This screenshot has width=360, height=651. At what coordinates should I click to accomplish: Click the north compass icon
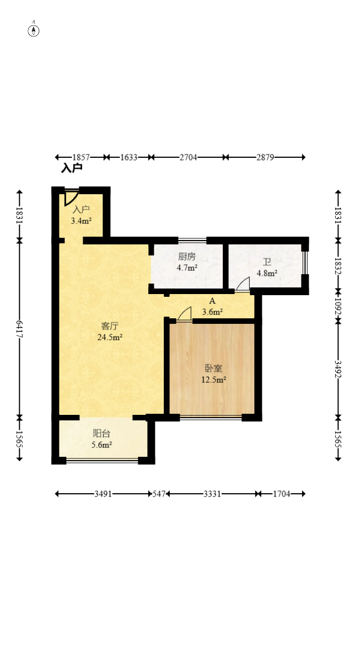tap(34, 30)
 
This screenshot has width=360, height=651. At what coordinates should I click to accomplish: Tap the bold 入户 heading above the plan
tap(72, 168)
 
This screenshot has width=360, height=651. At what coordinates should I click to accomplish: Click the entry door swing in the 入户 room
tap(71, 198)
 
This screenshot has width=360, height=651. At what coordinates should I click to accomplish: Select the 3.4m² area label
tap(81, 221)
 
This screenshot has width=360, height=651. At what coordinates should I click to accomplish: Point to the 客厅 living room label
tap(110, 326)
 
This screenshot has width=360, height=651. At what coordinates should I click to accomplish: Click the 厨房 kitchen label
tap(187, 257)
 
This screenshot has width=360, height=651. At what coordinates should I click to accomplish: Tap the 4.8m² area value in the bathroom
tap(267, 273)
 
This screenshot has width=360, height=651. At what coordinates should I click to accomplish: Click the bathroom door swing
tap(243, 285)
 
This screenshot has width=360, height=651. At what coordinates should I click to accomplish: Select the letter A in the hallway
tap(212, 301)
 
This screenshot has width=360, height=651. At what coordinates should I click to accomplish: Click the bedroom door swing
tap(185, 314)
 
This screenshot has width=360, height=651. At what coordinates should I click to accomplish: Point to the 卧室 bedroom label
tap(213, 369)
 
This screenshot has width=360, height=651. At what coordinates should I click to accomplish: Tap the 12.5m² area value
tap(213, 380)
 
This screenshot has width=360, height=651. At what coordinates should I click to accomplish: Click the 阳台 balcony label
tap(101, 434)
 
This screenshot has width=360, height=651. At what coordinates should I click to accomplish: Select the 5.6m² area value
tap(102, 445)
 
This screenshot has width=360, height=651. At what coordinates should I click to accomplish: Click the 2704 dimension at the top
tap(189, 157)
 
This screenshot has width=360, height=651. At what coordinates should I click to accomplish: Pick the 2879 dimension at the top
tap(265, 157)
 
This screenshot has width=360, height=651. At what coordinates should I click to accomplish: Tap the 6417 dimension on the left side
tap(19, 328)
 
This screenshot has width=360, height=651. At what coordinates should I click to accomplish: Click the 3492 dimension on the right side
tap(338, 369)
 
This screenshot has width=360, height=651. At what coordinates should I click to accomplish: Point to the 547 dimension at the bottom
tap(159, 494)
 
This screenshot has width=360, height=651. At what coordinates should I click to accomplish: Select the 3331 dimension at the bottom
tap(212, 494)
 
